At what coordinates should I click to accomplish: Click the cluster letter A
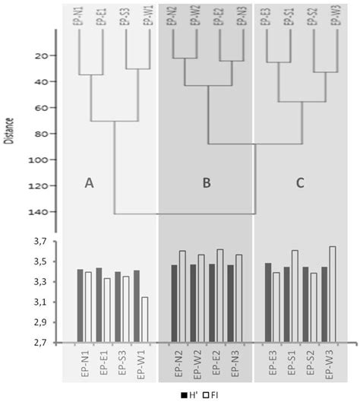click(x=89, y=183)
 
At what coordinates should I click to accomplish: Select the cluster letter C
click(x=301, y=183)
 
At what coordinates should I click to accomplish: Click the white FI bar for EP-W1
click(x=144, y=319)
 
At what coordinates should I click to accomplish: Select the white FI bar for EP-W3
click(x=332, y=294)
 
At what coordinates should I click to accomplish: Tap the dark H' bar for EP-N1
click(x=80, y=305)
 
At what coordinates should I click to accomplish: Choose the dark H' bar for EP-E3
click(x=267, y=302)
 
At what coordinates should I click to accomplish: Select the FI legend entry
click(x=210, y=394)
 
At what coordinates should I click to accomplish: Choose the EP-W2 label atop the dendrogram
click(x=197, y=17)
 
